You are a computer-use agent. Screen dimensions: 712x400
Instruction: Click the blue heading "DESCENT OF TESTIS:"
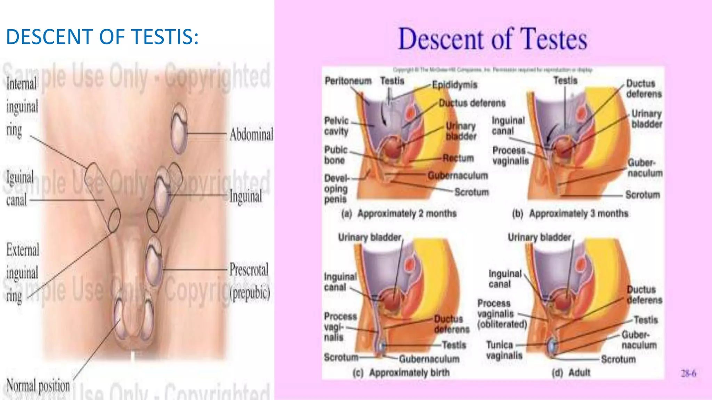102,37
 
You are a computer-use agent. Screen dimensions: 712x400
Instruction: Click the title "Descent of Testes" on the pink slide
492,39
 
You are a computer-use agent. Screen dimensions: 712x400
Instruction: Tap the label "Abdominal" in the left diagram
251,135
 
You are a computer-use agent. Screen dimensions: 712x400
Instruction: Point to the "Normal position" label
38,385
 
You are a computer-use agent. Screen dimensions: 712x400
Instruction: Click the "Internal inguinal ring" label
22,107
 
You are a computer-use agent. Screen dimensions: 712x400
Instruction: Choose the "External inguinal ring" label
22,273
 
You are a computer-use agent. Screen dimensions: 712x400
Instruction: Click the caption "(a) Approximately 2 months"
399,213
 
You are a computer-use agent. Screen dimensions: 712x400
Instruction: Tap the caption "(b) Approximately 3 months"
570,213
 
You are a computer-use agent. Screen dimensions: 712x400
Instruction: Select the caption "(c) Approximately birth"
401,373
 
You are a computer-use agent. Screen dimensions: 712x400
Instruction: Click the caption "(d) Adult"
571,373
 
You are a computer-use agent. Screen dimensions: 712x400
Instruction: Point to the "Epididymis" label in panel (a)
455,85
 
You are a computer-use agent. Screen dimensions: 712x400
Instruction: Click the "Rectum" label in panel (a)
458,158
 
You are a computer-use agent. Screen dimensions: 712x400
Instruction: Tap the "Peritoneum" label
348,81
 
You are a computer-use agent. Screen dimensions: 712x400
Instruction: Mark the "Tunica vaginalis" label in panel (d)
504,350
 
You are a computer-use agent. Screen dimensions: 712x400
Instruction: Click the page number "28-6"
688,374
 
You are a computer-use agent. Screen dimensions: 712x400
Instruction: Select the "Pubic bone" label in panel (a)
335,155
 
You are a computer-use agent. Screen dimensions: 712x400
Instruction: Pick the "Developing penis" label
336,189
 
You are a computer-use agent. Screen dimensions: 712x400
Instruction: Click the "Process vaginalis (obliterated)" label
502,314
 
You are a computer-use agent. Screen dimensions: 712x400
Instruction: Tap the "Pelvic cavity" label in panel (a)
336,126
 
